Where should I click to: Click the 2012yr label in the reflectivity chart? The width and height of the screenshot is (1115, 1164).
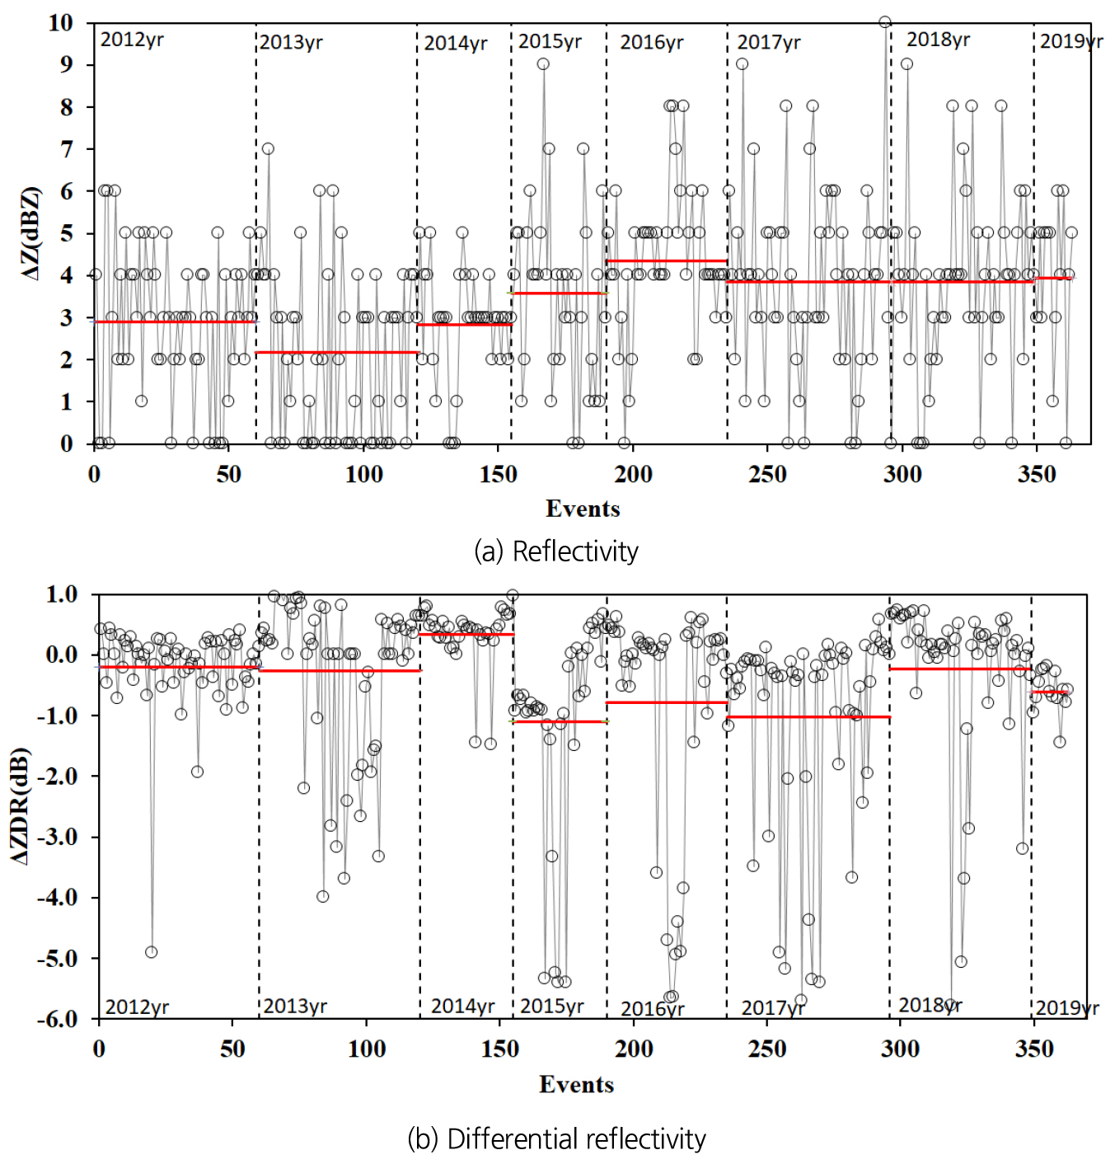[131, 40]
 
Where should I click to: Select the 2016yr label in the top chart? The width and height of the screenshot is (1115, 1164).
[651, 42]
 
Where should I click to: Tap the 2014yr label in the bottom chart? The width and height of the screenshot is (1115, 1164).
[462, 1006]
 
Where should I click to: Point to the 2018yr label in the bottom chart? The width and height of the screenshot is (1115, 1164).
[930, 1005]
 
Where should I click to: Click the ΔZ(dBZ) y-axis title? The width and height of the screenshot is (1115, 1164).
[30, 233]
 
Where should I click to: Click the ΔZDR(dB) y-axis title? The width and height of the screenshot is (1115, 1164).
[20, 805]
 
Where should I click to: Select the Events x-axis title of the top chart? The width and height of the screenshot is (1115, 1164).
[583, 509]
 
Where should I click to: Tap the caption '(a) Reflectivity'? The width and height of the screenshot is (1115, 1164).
[556, 551]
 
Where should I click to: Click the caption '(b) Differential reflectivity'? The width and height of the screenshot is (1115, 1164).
[556, 1138]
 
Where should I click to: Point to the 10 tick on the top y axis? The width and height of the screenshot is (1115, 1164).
[60, 22]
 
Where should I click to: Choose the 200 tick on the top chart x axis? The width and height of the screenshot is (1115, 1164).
[633, 474]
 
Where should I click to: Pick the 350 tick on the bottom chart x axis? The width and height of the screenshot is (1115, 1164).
[1033, 1049]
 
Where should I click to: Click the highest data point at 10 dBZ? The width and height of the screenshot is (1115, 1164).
[885, 22]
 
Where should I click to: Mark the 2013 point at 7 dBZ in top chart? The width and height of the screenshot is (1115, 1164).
[268, 149]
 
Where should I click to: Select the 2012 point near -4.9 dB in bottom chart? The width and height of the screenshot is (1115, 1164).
[151, 952]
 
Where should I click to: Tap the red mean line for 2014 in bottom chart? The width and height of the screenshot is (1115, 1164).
[466, 634]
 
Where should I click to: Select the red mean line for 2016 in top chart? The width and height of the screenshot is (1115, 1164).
[666, 261]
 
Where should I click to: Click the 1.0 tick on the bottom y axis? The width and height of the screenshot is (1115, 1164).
[62, 594]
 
